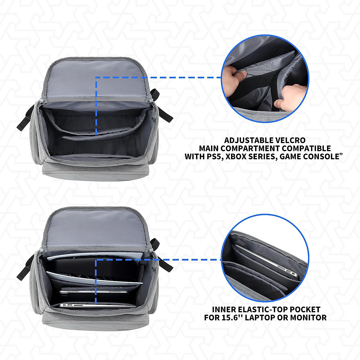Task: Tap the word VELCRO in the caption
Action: tap(291, 140)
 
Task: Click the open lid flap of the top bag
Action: tap(97, 81)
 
